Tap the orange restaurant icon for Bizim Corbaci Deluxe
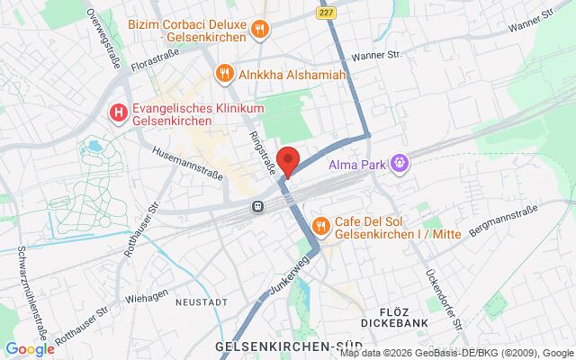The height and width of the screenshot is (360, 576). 260,30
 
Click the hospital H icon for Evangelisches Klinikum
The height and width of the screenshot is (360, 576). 117,113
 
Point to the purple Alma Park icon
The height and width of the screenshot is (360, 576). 400,163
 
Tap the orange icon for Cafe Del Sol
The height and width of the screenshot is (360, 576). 319,224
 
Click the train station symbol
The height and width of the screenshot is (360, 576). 258,205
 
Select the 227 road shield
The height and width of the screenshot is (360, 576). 325,11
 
